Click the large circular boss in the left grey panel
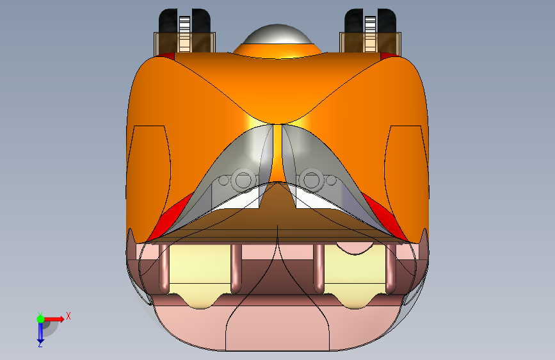pyautogui.click(x=243, y=179)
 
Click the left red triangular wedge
pyautogui.click(x=173, y=211)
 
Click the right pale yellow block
pyautogui.click(x=355, y=269)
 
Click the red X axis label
pyautogui.click(x=68, y=315)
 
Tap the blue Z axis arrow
pyautogui.click(x=40, y=332)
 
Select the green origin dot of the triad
pyautogui.click(x=40, y=318)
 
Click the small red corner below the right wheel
pyautogui.click(x=389, y=56)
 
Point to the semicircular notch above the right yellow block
pyautogui.click(x=353, y=247)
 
